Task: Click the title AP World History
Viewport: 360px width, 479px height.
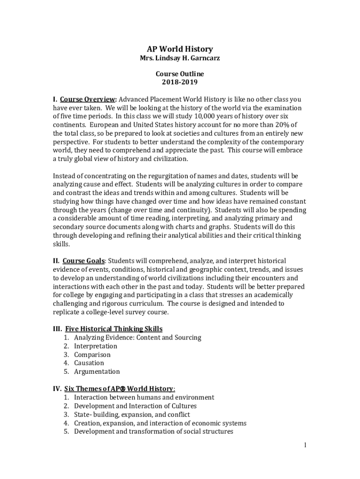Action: click(x=180, y=49)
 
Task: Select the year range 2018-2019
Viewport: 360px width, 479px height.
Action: click(x=180, y=82)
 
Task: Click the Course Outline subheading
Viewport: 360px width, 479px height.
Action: click(x=180, y=74)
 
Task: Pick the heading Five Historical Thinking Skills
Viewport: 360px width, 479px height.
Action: click(x=114, y=329)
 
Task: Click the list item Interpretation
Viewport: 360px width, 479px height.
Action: click(x=95, y=346)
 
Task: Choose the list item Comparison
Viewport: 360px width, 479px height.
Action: click(x=92, y=355)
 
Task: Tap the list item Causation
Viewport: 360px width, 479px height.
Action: click(x=89, y=363)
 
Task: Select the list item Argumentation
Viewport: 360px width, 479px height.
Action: click(x=97, y=371)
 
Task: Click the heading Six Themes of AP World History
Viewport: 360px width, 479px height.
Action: click(x=119, y=389)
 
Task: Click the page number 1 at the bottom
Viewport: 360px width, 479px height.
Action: click(x=304, y=445)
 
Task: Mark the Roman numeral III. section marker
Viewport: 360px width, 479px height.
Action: click(x=58, y=329)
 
